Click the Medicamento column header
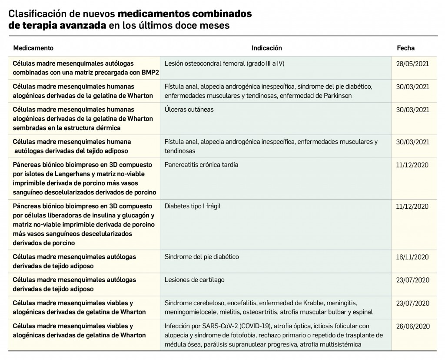coord(33,48)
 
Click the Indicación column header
coord(267,48)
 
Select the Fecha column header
coord(405,48)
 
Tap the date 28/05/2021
coord(412,63)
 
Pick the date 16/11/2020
coord(412,257)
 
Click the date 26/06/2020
coord(412,326)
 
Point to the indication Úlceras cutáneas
coord(189,110)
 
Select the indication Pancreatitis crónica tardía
coord(201,165)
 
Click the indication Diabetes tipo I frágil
coord(193,206)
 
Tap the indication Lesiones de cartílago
coord(194,280)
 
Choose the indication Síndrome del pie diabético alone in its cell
coord(202,257)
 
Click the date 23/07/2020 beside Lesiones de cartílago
coord(412,280)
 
